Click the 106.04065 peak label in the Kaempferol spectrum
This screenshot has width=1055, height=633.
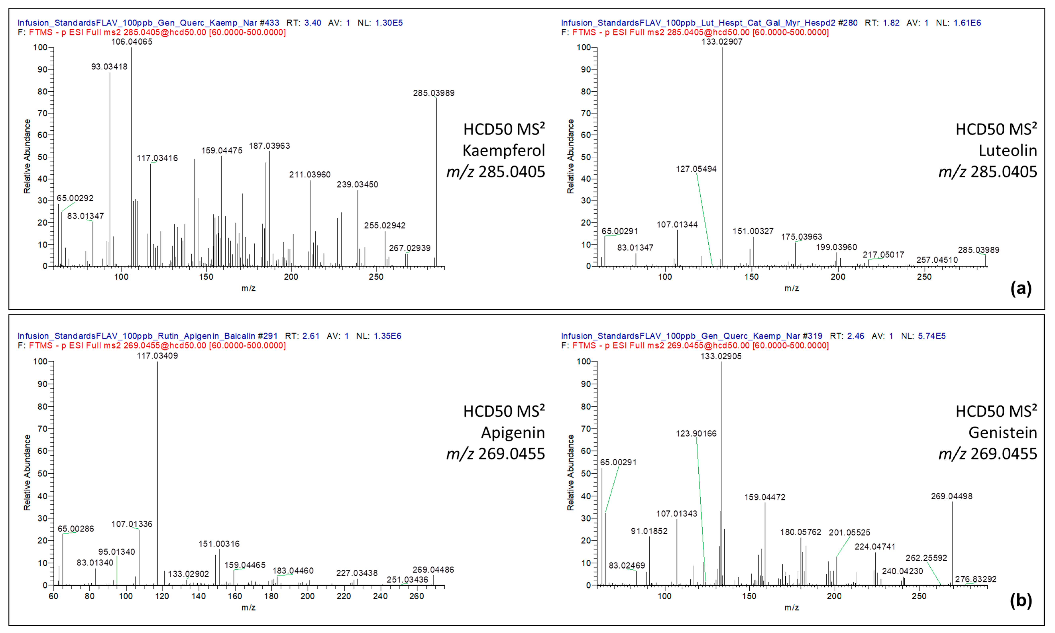132,42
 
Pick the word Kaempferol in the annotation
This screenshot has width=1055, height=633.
504,151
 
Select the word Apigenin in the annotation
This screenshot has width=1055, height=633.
513,433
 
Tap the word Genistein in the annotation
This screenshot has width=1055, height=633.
1003,433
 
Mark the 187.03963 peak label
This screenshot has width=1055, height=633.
270,146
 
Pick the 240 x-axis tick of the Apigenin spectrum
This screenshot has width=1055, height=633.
380,596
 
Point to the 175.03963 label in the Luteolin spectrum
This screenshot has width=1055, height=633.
801,237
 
